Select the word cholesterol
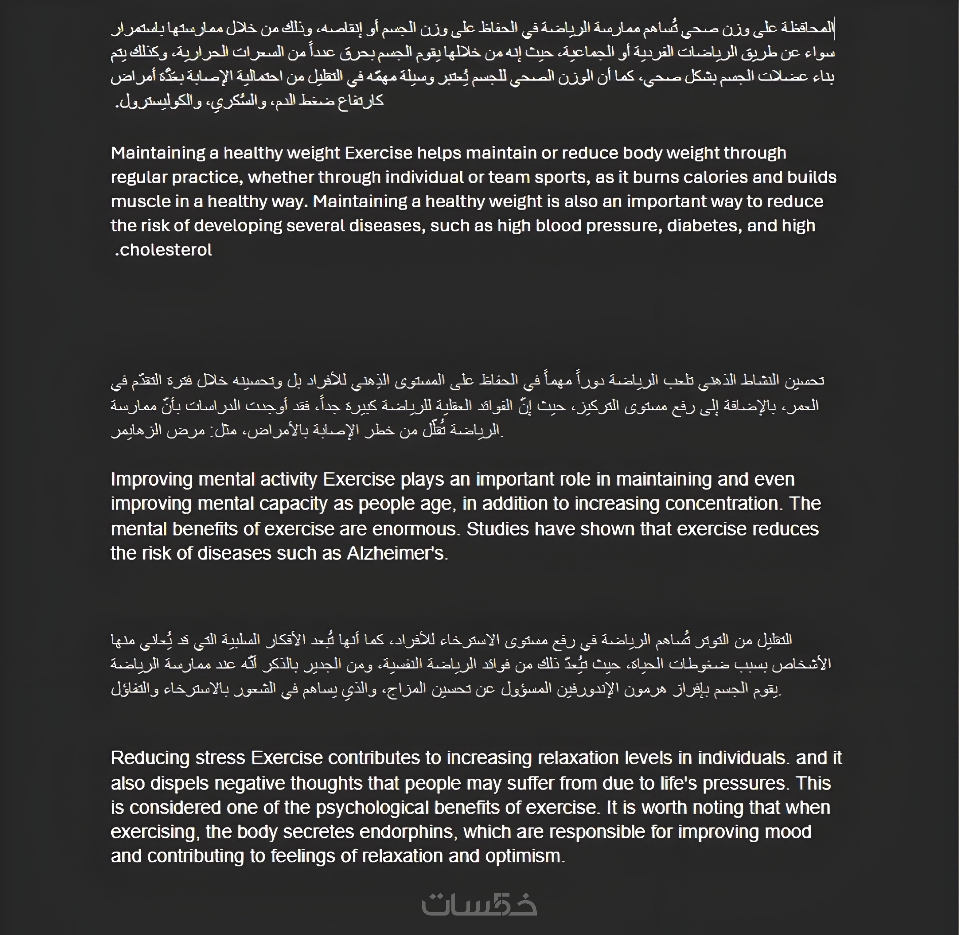[166, 250]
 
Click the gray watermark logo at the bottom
[479, 904]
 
